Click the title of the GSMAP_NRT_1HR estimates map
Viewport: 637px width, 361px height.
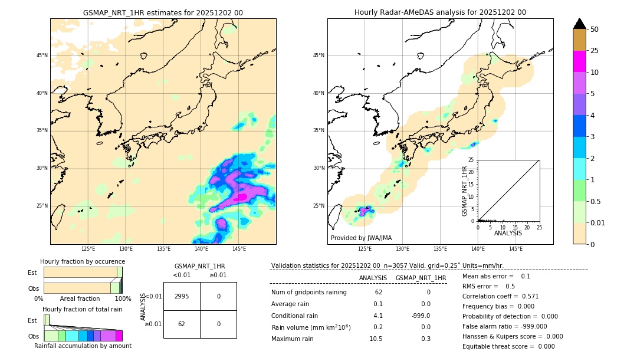(x=163, y=12)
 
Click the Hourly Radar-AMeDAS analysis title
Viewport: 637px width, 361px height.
(x=440, y=12)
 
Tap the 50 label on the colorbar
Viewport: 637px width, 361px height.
(x=595, y=29)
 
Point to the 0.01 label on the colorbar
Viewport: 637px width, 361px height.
(x=598, y=222)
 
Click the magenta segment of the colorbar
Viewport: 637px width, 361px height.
(x=579, y=61)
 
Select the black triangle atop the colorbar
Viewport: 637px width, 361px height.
(x=579, y=24)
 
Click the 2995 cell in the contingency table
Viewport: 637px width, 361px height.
(x=182, y=296)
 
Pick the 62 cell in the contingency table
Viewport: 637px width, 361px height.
(x=182, y=324)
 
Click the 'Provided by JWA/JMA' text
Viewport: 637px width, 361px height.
(x=361, y=238)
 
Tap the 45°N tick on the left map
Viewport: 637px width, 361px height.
(x=42, y=55)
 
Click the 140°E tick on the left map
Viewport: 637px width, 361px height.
(x=201, y=249)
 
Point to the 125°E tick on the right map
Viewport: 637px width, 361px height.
(x=365, y=249)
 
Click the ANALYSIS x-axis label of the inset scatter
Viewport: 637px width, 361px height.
(x=508, y=233)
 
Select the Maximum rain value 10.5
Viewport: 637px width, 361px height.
(x=376, y=339)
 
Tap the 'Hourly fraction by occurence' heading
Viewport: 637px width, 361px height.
(x=83, y=261)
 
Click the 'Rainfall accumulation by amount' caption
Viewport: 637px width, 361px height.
(x=83, y=346)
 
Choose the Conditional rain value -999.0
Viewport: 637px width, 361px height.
(x=421, y=316)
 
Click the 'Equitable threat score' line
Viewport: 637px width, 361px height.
(x=508, y=346)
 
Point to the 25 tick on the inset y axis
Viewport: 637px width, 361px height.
(x=471, y=160)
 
